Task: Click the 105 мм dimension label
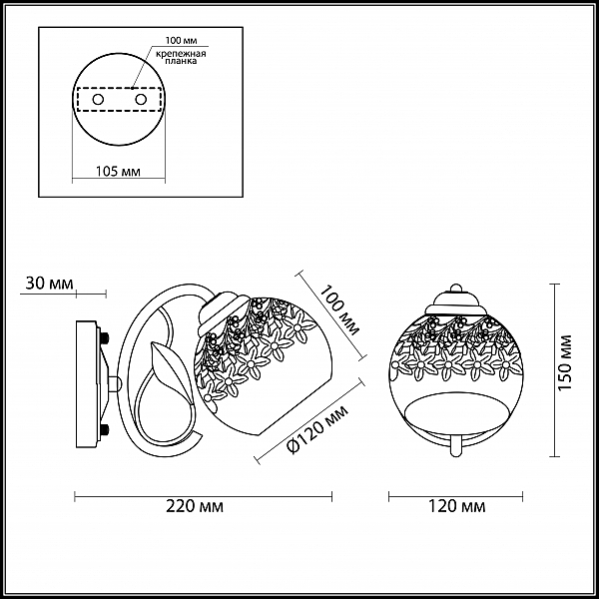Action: click(x=118, y=171)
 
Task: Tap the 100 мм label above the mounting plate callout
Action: click(x=181, y=41)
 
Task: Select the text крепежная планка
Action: click(x=181, y=57)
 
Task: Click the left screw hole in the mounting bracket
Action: click(x=98, y=100)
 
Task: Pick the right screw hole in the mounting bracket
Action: click(x=141, y=100)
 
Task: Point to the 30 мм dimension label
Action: click(x=49, y=284)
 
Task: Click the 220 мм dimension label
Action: click(x=195, y=506)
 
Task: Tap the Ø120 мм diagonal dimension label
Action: click(x=317, y=430)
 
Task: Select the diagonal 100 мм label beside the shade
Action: click(x=339, y=309)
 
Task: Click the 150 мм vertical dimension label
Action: click(x=565, y=362)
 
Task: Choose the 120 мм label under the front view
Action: click(x=456, y=506)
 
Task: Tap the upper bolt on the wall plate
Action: click(x=105, y=338)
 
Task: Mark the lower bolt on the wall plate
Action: click(x=105, y=429)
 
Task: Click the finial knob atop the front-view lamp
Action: click(x=456, y=288)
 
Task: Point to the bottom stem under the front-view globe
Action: click(x=456, y=446)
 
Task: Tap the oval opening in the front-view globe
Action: click(x=456, y=411)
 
